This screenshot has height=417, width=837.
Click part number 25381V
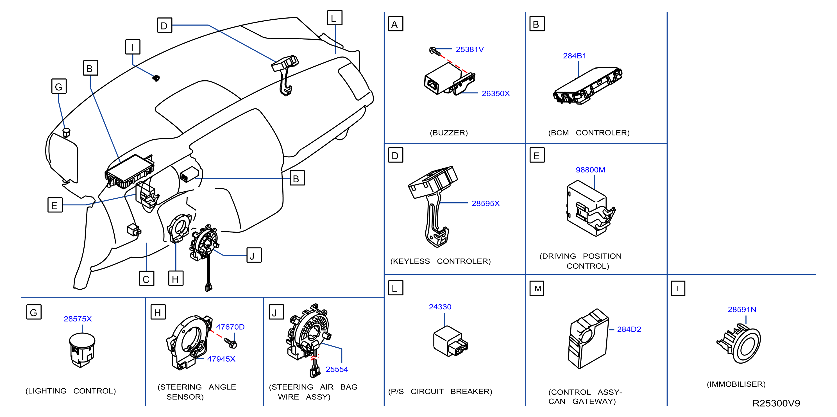[x=469, y=49]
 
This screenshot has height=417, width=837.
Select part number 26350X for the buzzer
[x=496, y=94]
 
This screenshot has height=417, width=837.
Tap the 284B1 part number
[x=575, y=56]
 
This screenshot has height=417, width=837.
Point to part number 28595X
[x=486, y=203]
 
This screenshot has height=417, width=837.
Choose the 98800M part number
[x=590, y=170]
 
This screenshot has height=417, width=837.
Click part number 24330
[x=440, y=307]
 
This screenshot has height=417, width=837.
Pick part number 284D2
[x=629, y=329]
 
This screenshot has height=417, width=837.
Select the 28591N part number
[x=742, y=309]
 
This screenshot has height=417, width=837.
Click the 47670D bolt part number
[x=230, y=327]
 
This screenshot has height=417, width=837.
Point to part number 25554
[x=337, y=369]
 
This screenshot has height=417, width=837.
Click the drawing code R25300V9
[x=776, y=403]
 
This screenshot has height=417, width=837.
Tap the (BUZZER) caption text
[x=449, y=133]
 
